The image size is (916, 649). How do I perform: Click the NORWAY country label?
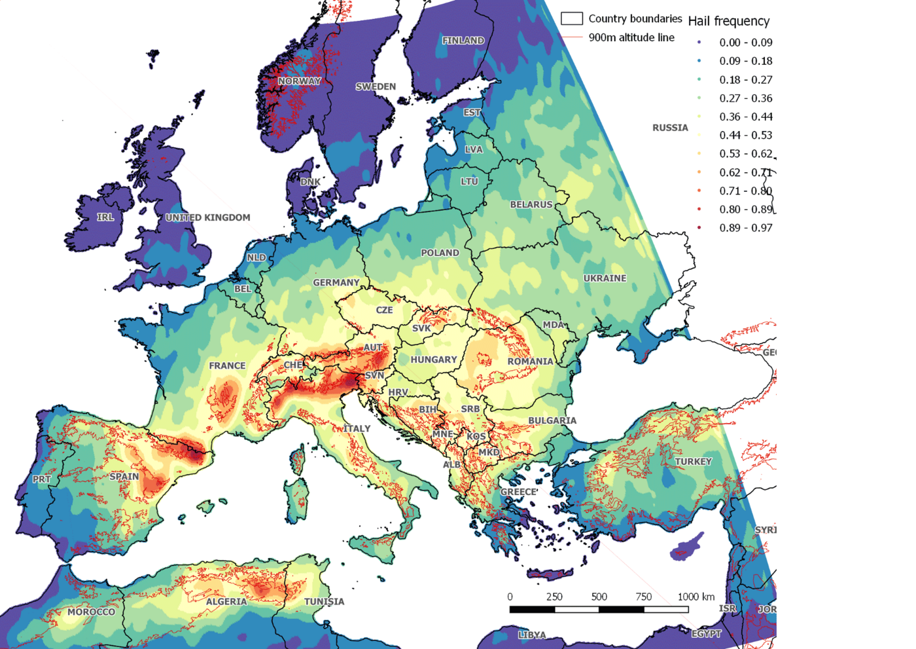pyautogui.click(x=300, y=81)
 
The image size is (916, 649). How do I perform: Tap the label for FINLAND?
pyautogui.click(x=463, y=41)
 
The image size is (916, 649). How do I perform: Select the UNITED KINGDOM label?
pyautogui.click(x=207, y=217)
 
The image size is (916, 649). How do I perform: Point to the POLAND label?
pyautogui.click(x=440, y=253)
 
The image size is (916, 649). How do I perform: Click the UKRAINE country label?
pyautogui.click(x=605, y=278)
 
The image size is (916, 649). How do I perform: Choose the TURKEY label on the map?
pyautogui.click(x=693, y=462)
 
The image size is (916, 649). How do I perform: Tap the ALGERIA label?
pyautogui.click(x=226, y=601)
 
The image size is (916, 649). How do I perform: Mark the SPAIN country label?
pyautogui.click(x=124, y=477)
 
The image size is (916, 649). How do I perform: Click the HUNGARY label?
pyautogui.click(x=434, y=360)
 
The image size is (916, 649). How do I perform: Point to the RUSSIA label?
pyautogui.click(x=670, y=128)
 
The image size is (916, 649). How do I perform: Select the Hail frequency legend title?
pyautogui.click(x=728, y=21)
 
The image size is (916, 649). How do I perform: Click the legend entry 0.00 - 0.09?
pyautogui.click(x=745, y=43)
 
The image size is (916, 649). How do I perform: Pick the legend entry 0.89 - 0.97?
pyautogui.click(x=745, y=228)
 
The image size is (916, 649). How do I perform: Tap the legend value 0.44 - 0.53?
pyautogui.click(x=745, y=135)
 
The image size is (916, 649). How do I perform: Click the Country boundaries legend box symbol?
pyautogui.click(x=572, y=18)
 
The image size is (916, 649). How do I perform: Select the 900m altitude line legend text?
pyautogui.click(x=631, y=37)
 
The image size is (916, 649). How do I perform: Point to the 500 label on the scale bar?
pyautogui.click(x=599, y=597)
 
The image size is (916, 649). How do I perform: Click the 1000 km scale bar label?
pyautogui.click(x=696, y=597)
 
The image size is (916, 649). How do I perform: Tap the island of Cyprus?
pyautogui.click(x=687, y=547)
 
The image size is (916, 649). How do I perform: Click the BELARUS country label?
pyautogui.click(x=531, y=204)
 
